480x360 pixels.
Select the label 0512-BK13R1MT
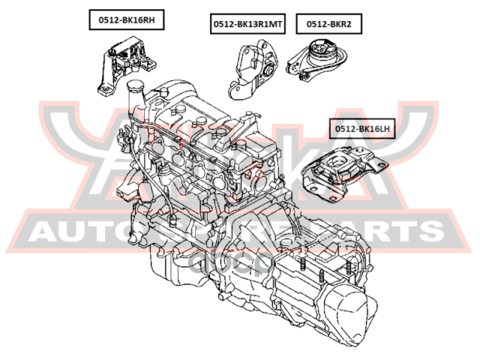pyautogui.click(x=247, y=24)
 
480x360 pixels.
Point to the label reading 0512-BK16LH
pyautogui.click(x=362, y=128)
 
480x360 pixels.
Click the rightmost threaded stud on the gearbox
pyautogui.click(x=346, y=265)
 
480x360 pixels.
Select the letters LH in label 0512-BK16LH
pyautogui.click(x=382, y=128)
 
